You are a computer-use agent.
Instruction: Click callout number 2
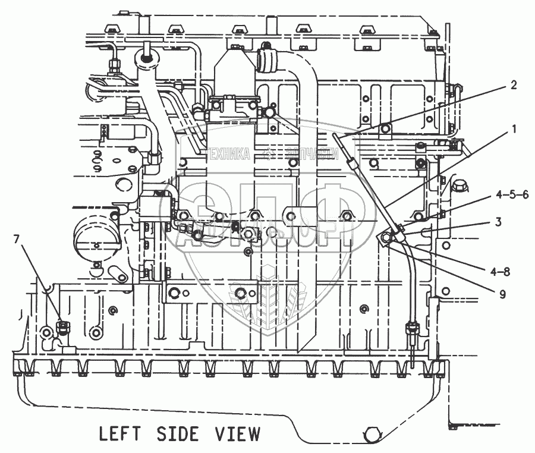pos(513,85)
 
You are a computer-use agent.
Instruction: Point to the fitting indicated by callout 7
pos(62,325)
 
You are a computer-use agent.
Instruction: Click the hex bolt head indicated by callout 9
pos(385,239)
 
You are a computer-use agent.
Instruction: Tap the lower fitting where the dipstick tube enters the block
pos(410,328)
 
